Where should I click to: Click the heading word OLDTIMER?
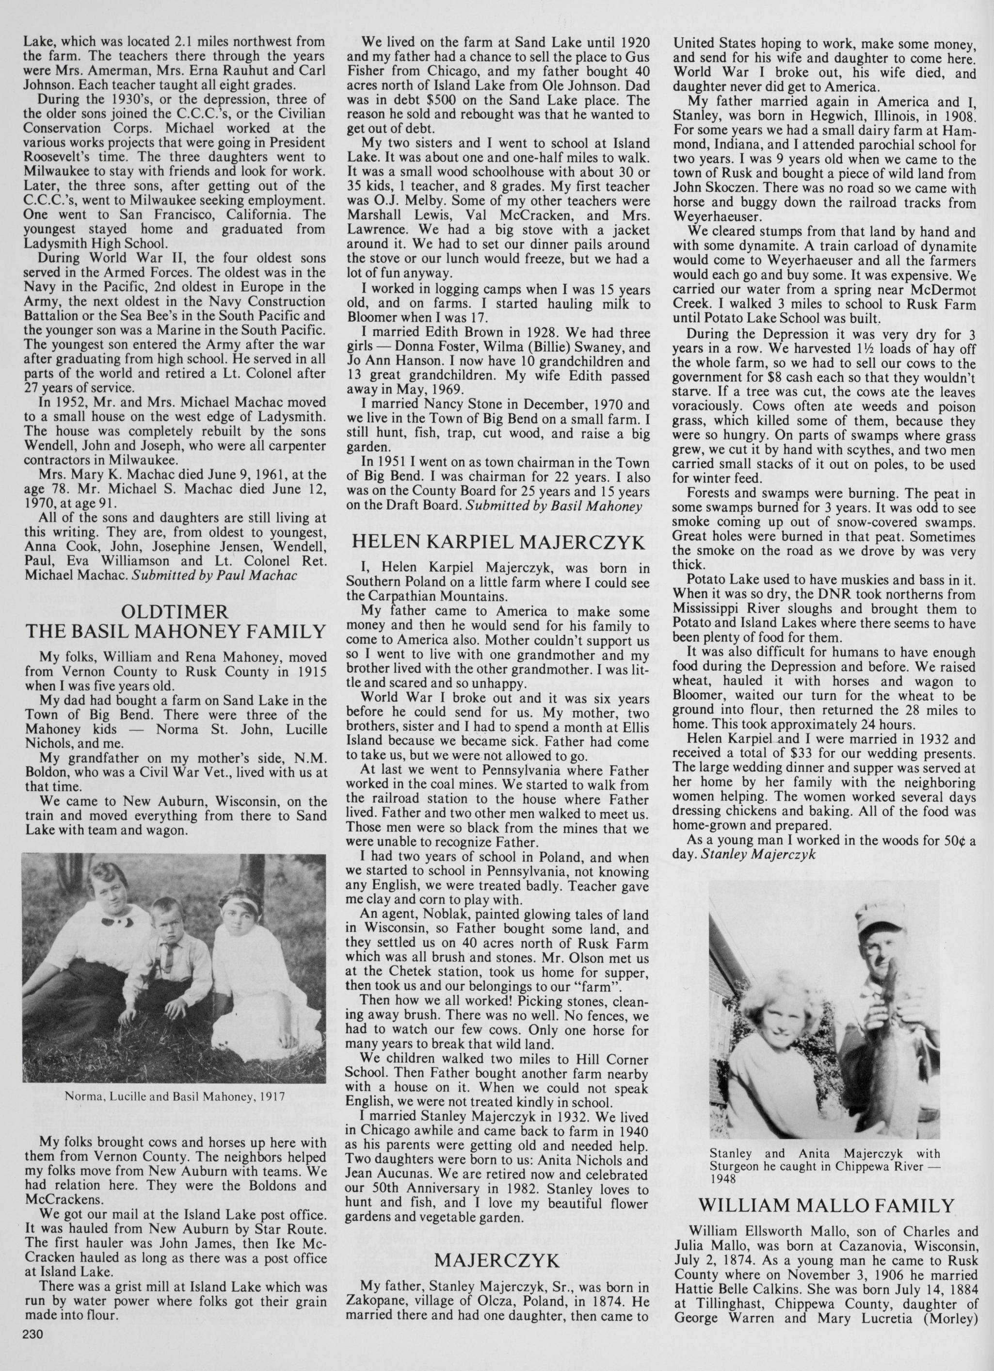175,610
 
